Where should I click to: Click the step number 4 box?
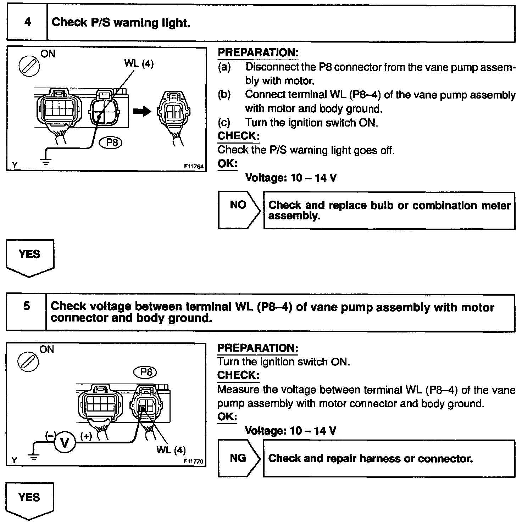tap(27, 23)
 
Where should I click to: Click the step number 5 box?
tap(27, 307)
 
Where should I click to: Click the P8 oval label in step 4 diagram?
tap(111, 142)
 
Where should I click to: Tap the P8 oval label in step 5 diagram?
tap(146, 372)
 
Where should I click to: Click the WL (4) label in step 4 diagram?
tap(139, 64)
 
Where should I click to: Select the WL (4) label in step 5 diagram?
tap(171, 450)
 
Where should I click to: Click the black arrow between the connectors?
tap(142, 111)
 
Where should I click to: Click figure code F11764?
tap(194, 166)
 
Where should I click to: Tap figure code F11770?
tap(193, 461)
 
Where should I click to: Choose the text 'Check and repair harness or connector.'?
tap(371, 459)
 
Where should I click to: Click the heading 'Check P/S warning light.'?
tap(121, 23)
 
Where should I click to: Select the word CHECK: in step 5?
tap(238, 375)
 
